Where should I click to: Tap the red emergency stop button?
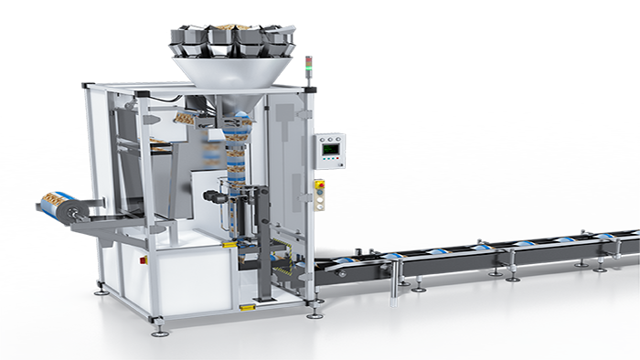pos(319,185)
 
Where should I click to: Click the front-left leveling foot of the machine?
pos(160,319)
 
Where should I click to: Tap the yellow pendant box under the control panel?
pos(319,195)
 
